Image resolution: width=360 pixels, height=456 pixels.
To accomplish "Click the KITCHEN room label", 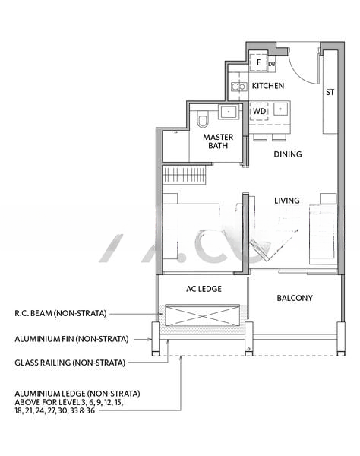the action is (x=268, y=86).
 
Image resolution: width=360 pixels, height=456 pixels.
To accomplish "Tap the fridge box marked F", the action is (x=258, y=62).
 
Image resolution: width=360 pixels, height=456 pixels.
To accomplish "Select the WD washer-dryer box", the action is (x=259, y=111).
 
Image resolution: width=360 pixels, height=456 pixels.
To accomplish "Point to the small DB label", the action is (x=272, y=64).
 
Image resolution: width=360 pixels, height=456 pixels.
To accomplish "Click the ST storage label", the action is (x=330, y=92).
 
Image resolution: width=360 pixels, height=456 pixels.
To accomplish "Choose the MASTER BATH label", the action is (x=218, y=141).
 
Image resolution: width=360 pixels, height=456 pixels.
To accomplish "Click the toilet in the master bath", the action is (x=203, y=119).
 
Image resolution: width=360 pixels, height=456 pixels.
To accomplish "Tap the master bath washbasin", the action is (x=229, y=112).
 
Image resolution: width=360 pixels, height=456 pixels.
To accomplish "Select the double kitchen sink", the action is (x=239, y=87).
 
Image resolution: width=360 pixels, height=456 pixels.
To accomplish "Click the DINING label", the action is (x=288, y=154).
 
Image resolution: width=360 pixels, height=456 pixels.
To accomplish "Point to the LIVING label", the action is (x=287, y=201).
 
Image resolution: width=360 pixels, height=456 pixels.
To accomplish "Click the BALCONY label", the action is (x=295, y=298).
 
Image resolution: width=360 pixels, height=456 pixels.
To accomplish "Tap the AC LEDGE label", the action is (x=204, y=289).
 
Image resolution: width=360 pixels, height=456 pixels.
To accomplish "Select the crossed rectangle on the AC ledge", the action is (x=202, y=315).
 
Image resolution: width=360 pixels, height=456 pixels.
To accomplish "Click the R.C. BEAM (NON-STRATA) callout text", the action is (x=61, y=313).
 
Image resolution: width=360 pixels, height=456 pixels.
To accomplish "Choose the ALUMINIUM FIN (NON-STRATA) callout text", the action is (x=71, y=339).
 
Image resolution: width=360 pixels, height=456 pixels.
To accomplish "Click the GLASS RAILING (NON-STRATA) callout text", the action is (x=70, y=363).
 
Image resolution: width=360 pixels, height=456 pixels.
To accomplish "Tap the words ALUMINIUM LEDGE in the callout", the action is (x=50, y=394).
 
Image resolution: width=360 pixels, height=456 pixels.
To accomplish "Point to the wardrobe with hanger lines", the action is (x=184, y=175).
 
